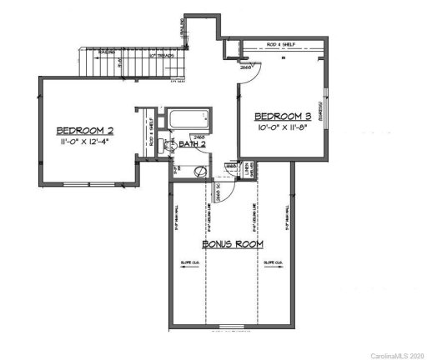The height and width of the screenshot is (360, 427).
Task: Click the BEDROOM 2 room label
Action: pyautogui.click(x=84, y=131)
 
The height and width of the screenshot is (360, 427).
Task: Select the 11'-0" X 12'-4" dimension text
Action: pyautogui.click(x=86, y=143)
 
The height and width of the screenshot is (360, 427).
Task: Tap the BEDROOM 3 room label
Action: pyautogui.click(x=284, y=116)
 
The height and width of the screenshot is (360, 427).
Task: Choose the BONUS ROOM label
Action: pyautogui.click(x=233, y=244)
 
